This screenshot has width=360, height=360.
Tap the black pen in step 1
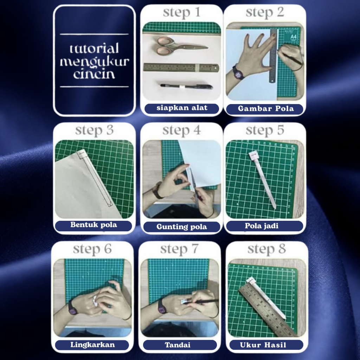pyautogui.click(x=186, y=86)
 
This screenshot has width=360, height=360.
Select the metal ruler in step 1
pyautogui.click(x=181, y=67)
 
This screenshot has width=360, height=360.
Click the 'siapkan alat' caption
pyautogui.click(x=182, y=108)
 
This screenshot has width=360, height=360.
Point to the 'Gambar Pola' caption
pyautogui.click(x=266, y=108)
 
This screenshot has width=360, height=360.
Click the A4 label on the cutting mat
pyautogui.click(x=294, y=37)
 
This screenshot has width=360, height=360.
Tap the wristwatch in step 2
pyautogui.click(x=238, y=73)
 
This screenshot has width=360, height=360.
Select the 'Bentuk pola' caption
pyautogui.click(x=94, y=225)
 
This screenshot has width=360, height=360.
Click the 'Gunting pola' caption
pyautogui.click(x=182, y=227)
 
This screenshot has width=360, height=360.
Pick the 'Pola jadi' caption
pyautogui.click(x=262, y=226)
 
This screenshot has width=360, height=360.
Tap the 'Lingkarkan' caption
pyautogui.click(x=92, y=345)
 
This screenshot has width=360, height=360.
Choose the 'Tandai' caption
pyautogui.click(x=178, y=345)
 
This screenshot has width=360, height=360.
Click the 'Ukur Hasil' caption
pyautogui.click(x=263, y=345)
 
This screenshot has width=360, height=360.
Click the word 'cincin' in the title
pyautogui.click(x=94, y=74)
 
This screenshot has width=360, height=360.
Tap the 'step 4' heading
pyautogui.click(x=182, y=131)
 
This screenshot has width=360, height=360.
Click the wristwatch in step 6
pyautogui.click(x=73, y=308)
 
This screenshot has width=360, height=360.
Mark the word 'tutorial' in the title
pyautogui.click(x=94, y=49)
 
